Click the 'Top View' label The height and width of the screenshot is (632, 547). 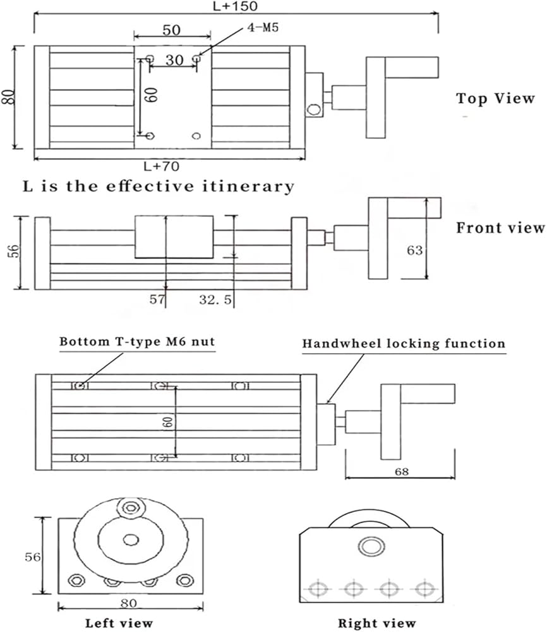coord(495,98)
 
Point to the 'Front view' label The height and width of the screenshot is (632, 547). coord(500,228)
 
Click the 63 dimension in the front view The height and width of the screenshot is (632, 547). coord(415,250)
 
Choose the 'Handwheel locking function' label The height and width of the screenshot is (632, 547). coord(404,344)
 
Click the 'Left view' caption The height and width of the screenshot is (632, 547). coord(119,623)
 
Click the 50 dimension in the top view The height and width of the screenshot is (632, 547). coord(172,30)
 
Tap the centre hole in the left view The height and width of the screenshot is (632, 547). coord(131,539)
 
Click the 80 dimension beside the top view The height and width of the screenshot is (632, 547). coord(8,98)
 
